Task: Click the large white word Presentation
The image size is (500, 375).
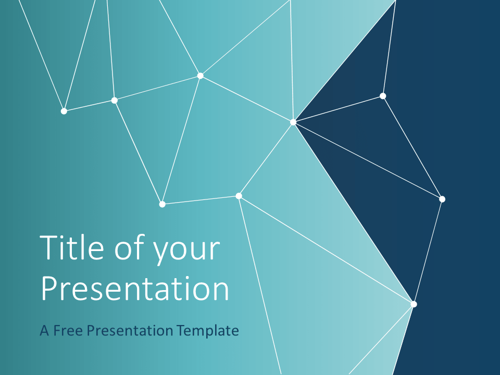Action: click(x=135, y=289)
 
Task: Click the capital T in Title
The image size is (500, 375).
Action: click(x=50, y=248)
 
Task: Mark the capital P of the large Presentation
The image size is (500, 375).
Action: click(x=49, y=289)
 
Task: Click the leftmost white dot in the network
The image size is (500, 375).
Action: click(x=64, y=111)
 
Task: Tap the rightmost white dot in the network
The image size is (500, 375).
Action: click(x=442, y=199)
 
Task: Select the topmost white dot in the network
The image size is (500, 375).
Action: click(x=201, y=76)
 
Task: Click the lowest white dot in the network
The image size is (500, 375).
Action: click(x=414, y=304)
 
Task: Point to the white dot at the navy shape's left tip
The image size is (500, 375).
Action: click(x=293, y=122)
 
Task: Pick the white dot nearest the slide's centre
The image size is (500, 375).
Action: click(x=239, y=196)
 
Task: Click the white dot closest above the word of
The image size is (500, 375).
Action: click(x=162, y=204)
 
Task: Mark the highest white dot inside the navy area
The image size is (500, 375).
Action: click(x=383, y=96)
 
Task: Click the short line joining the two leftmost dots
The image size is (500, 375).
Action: click(x=90, y=105)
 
